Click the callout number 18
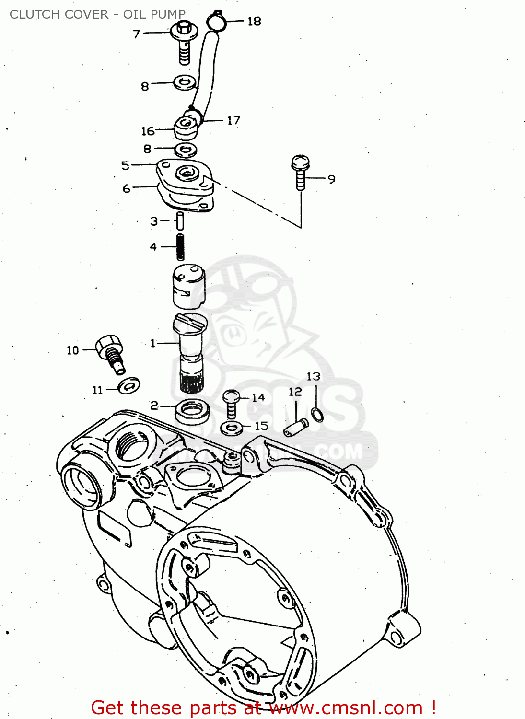tap(254, 21)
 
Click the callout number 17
tap(233, 120)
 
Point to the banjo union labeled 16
tap(186, 127)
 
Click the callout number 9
tap(331, 179)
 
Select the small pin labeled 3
tap(180, 221)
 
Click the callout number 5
tap(125, 165)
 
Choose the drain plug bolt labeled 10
tap(111, 352)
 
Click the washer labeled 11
tap(129, 385)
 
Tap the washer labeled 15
tap(232, 428)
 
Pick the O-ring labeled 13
tap(317, 414)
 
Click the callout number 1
tap(153, 343)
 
